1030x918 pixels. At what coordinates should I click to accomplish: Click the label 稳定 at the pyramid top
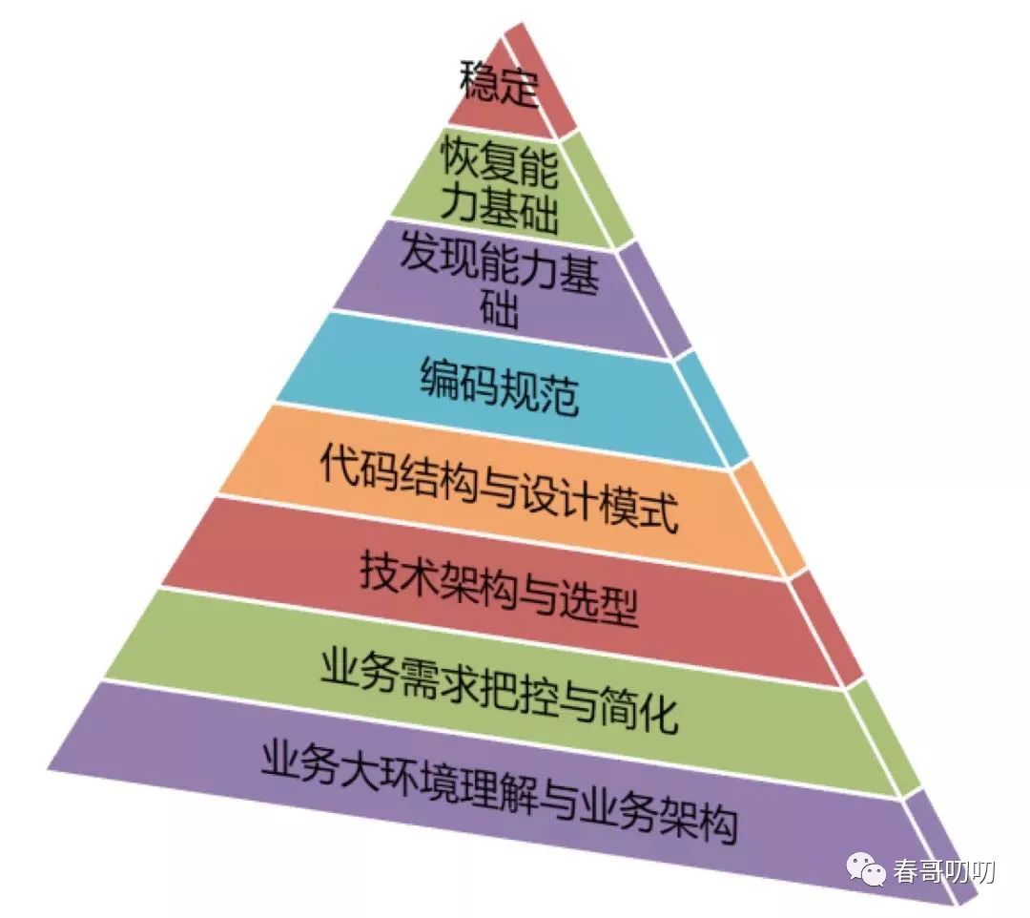point(499,85)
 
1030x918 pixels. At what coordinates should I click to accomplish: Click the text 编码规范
point(499,386)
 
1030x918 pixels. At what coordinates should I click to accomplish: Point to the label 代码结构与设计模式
point(499,486)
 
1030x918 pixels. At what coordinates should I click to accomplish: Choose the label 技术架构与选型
point(499,587)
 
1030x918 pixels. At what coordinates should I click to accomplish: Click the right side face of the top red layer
point(542,81)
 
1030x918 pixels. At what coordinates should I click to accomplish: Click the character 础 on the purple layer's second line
point(498,311)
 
